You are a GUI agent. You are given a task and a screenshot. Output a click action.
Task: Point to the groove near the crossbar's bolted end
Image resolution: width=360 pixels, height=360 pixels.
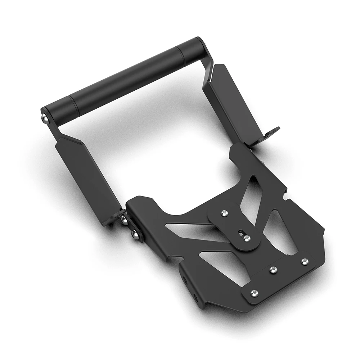point(69,102)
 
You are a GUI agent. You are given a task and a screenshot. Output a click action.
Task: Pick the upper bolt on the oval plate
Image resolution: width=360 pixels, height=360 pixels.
point(225,214)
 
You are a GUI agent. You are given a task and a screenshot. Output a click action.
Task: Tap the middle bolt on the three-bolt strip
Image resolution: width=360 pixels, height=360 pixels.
point(273,270)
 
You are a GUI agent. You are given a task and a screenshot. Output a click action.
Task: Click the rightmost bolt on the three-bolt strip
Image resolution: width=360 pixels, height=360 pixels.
point(305,261)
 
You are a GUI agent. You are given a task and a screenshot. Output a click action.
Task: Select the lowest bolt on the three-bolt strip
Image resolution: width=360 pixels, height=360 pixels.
point(255,293)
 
